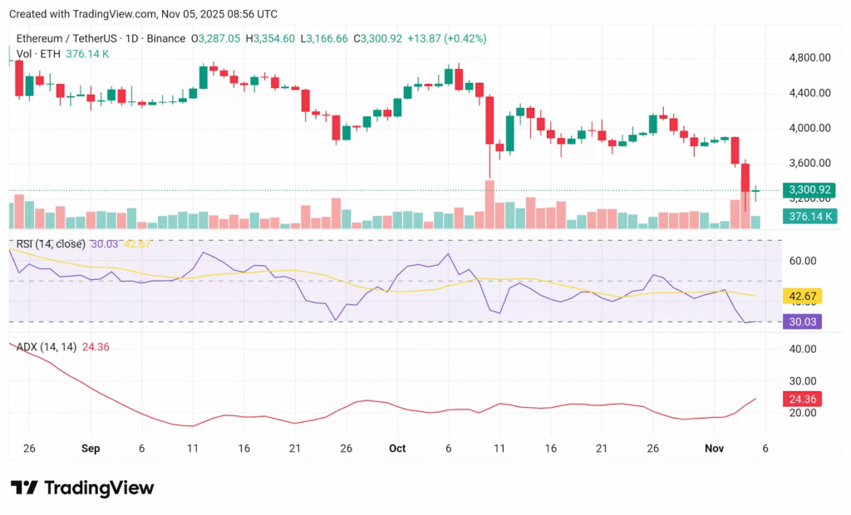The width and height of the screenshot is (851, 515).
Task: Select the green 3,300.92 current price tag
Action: coord(809,190)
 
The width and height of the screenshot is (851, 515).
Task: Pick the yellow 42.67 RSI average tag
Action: coord(803,296)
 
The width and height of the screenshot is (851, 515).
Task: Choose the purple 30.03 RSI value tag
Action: coord(803,321)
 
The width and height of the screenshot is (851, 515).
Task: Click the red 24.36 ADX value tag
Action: coord(803,399)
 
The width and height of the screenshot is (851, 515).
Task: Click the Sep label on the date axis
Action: coord(91,448)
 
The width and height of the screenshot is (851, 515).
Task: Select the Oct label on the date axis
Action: coord(397,448)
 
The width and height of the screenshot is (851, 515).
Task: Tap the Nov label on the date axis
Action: coord(714,448)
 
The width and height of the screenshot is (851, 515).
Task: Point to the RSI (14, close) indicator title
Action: coord(51,243)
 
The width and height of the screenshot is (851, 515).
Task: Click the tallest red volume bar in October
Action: coord(489,204)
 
